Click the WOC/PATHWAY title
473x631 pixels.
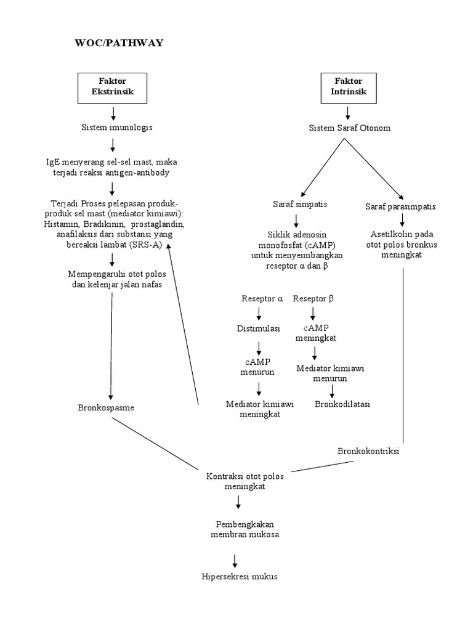[118, 43]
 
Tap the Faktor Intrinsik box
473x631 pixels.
[349, 87]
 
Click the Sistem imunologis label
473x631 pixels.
[117, 128]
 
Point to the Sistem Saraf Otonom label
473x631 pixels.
[349, 128]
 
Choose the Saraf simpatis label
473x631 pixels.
[300, 204]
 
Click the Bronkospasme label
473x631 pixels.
[107, 408]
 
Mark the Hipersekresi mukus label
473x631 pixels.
[240, 577]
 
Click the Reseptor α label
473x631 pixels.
[263, 299]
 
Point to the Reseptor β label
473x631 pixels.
[313, 299]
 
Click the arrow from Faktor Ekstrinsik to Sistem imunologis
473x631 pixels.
[113, 113]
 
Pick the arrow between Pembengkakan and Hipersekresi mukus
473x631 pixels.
[235, 560]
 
